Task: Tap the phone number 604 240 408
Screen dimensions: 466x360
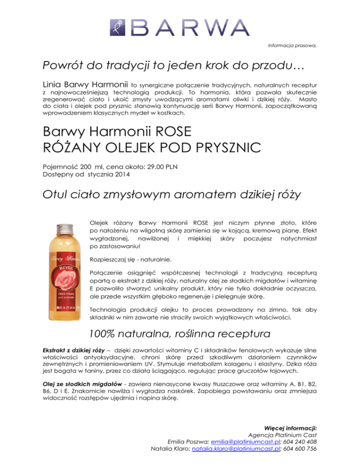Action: coord(300,441)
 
